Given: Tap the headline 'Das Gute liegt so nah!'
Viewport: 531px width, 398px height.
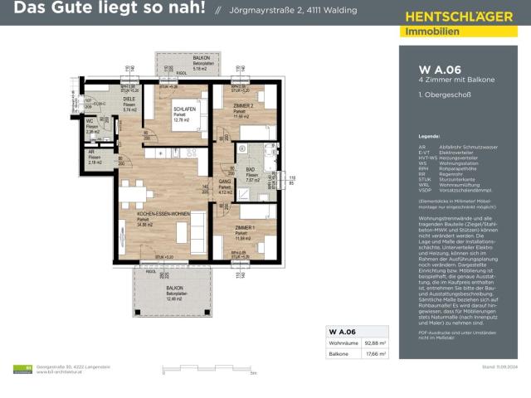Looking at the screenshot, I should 104,11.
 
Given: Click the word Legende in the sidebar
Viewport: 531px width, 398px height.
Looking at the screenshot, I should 428,134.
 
